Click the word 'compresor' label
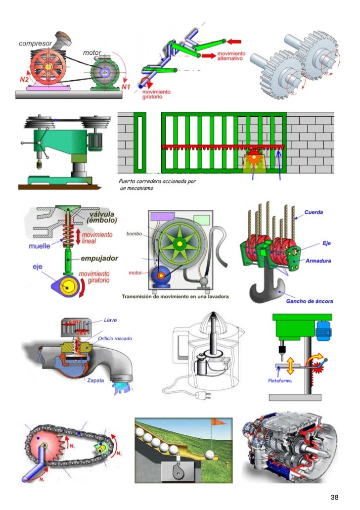pos(36,44)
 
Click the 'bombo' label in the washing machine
pos(134,233)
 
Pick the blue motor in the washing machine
pos(161,274)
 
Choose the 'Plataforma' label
pos(280,381)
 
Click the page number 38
pos(335,497)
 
